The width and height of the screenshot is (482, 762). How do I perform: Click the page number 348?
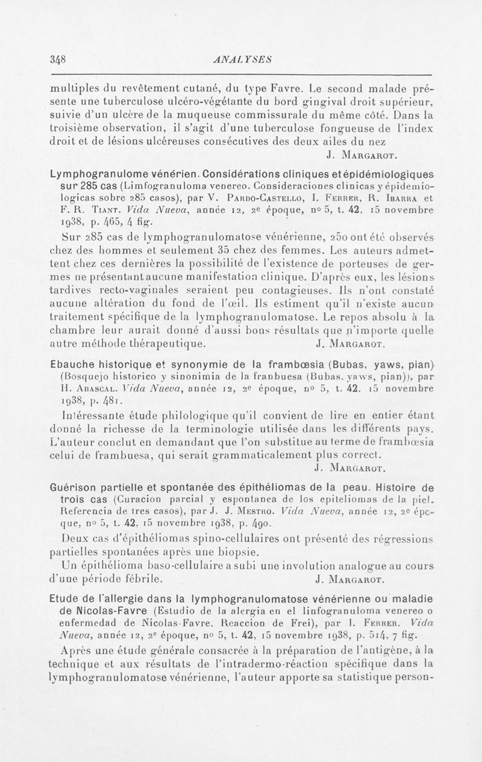pyautogui.click(x=58, y=59)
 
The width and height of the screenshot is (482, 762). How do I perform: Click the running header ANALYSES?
pyautogui.click(x=240, y=59)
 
